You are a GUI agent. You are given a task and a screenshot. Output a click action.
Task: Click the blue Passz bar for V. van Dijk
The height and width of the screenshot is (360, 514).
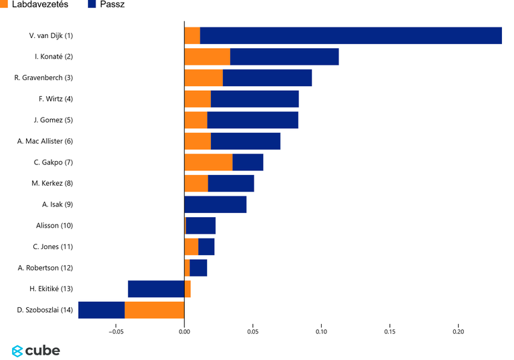click(350, 36)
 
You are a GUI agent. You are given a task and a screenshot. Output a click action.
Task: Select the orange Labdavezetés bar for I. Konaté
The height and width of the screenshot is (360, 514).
click(207, 57)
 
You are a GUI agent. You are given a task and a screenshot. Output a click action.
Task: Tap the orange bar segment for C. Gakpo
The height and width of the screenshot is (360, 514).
click(208, 162)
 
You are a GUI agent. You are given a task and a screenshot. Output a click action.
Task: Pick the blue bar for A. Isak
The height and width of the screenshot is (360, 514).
click(215, 204)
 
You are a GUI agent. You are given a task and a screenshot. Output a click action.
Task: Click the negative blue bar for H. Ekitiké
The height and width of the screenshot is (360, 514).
click(156, 289)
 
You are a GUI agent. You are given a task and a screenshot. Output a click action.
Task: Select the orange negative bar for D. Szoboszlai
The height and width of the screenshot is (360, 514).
click(154, 310)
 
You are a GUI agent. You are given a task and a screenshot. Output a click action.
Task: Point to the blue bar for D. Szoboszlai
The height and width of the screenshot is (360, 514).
click(101, 310)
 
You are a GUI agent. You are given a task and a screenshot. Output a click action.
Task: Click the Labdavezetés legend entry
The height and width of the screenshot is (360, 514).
click(34, 5)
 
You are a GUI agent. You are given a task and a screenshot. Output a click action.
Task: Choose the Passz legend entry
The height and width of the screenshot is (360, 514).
click(106, 5)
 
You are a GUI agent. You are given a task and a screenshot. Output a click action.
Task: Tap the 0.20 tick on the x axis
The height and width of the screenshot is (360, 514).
click(459, 331)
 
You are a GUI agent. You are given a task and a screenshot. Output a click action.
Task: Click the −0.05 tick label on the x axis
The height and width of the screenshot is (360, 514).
click(115, 331)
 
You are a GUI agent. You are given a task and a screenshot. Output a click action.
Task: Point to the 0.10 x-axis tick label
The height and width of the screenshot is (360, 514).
click(321, 331)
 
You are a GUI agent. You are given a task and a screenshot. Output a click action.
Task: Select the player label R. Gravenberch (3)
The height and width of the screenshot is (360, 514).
click(43, 78)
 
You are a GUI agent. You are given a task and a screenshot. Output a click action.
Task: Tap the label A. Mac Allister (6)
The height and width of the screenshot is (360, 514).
click(45, 141)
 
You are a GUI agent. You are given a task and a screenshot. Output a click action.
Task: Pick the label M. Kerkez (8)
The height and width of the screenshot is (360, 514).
click(52, 184)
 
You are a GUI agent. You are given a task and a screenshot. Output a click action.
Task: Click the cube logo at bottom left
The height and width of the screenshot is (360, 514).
click(36, 351)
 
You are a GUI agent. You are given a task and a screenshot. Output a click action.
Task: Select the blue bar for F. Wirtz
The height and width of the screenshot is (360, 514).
click(254, 99)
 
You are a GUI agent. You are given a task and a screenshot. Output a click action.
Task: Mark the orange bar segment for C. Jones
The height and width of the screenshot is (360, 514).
click(191, 246)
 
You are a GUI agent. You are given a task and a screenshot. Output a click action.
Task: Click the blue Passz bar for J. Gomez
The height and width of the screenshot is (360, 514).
click(252, 120)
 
